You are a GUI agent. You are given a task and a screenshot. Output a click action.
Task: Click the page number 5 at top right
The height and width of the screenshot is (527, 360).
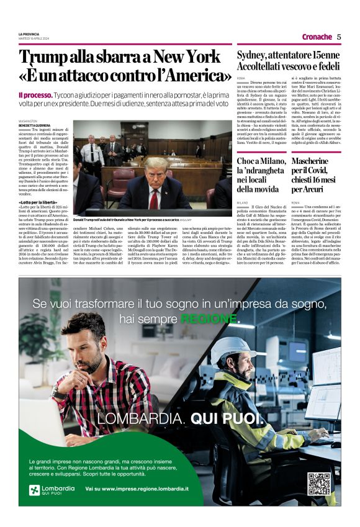(x=339, y=37)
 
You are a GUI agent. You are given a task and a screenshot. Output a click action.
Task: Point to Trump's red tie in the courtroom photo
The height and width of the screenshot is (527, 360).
(x=153, y=199)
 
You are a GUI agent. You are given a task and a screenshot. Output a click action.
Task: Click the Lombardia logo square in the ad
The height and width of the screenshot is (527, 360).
(x=34, y=490)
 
